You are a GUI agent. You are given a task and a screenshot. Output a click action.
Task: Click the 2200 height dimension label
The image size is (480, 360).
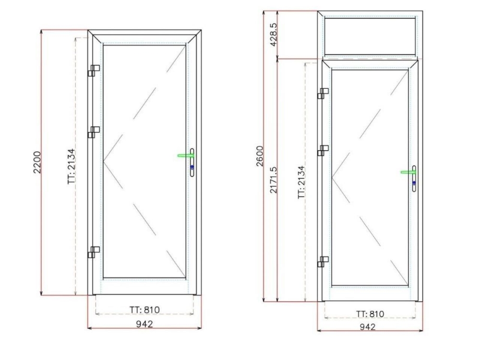click(x=37, y=163)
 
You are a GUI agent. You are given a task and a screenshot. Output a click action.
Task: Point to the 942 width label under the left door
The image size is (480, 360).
click(x=144, y=324)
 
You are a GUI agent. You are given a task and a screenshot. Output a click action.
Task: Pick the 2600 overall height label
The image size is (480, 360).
click(x=260, y=156)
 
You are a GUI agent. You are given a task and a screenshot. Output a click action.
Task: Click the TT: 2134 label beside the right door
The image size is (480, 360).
click(x=301, y=182)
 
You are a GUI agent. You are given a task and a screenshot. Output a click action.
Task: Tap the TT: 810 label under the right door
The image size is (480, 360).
click(x=370, y=314)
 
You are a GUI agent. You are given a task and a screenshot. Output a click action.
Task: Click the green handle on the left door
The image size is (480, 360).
click(x=184, y=156)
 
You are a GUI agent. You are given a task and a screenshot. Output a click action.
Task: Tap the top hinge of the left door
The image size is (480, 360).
click(x=93, y=71)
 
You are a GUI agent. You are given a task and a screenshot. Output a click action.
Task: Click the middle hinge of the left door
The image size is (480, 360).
click(x=93, y=132)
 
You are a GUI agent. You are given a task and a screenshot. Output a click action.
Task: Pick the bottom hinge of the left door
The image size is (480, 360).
click(x=93, y=252)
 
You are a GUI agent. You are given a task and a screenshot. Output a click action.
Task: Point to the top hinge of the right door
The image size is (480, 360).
click(x=323, y=93)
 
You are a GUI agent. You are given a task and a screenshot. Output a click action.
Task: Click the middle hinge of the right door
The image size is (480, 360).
click(x=323, y=150)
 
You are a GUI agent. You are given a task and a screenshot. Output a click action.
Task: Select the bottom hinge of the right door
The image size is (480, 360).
click(x=323, y=262)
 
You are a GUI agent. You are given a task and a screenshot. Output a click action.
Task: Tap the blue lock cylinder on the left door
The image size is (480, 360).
click(x=192, y=167)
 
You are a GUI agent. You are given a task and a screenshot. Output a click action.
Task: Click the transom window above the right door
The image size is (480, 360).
click(x=370, y=36)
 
